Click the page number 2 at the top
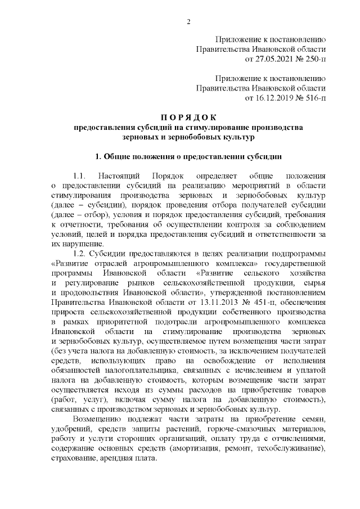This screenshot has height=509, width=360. (x=188, y=22)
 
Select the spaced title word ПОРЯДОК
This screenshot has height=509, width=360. (x=188, y=118)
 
